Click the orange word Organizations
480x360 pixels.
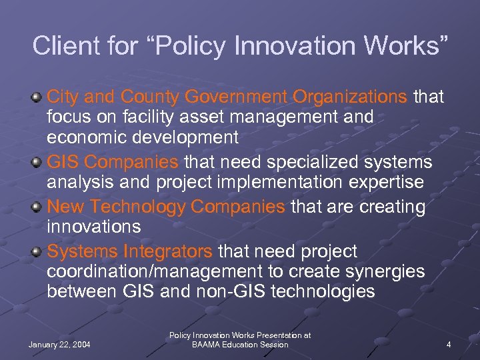tap(349, 97)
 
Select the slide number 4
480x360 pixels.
tap(449, 344)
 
